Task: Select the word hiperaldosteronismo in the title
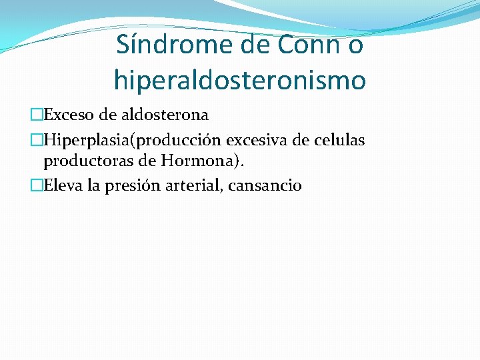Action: pyautogui.click(x=240, y=81)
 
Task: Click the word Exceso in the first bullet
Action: pyautogui.click(x=68, y=115)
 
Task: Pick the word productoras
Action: pyautogui.click(x=81, y=161)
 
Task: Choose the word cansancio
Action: pyautogui.click(x=265, y=186)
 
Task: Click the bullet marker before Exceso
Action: pyautogui.click(x=37, y=115)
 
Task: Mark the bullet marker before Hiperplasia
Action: pyautogui.click(x=37, y=141)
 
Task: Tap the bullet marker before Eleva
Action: pyautogui.click(x=37, y=186)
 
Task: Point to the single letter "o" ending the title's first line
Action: pyautogui.click(x=355, y=46)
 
